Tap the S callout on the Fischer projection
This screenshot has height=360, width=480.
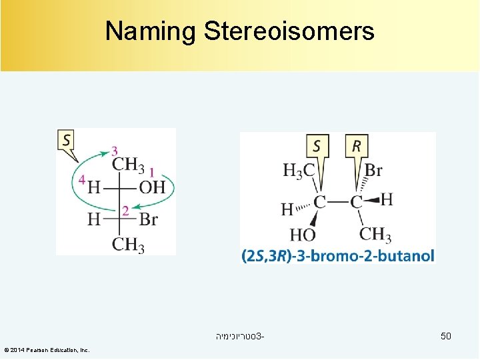(x=67, y=141)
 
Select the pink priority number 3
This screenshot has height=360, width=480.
(x=115, y=151)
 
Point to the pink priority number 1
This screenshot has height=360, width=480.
(x=152, y=173)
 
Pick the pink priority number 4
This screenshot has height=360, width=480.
(x=81, y=180)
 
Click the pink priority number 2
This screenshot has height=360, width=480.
(x=125, y=211)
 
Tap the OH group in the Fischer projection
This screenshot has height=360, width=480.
(x=152, y=187)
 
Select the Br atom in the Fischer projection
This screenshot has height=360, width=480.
(x=149, y=219)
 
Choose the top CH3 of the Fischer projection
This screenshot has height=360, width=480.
(x=128, y=165)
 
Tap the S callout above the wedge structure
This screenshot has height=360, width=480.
(x=317, y=145)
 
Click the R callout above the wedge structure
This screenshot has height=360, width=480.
(x=357, y=145)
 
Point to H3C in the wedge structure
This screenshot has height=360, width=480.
(x=299, y=171)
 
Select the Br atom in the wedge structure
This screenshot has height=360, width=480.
(x=373, y=170)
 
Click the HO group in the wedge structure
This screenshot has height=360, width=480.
(x=302, y=235)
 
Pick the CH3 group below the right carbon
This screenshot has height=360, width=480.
(x=375, y=234)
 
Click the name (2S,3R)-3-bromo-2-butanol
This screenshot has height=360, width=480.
(x=338, y=255)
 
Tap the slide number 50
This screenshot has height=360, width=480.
(x=445, y=336)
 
